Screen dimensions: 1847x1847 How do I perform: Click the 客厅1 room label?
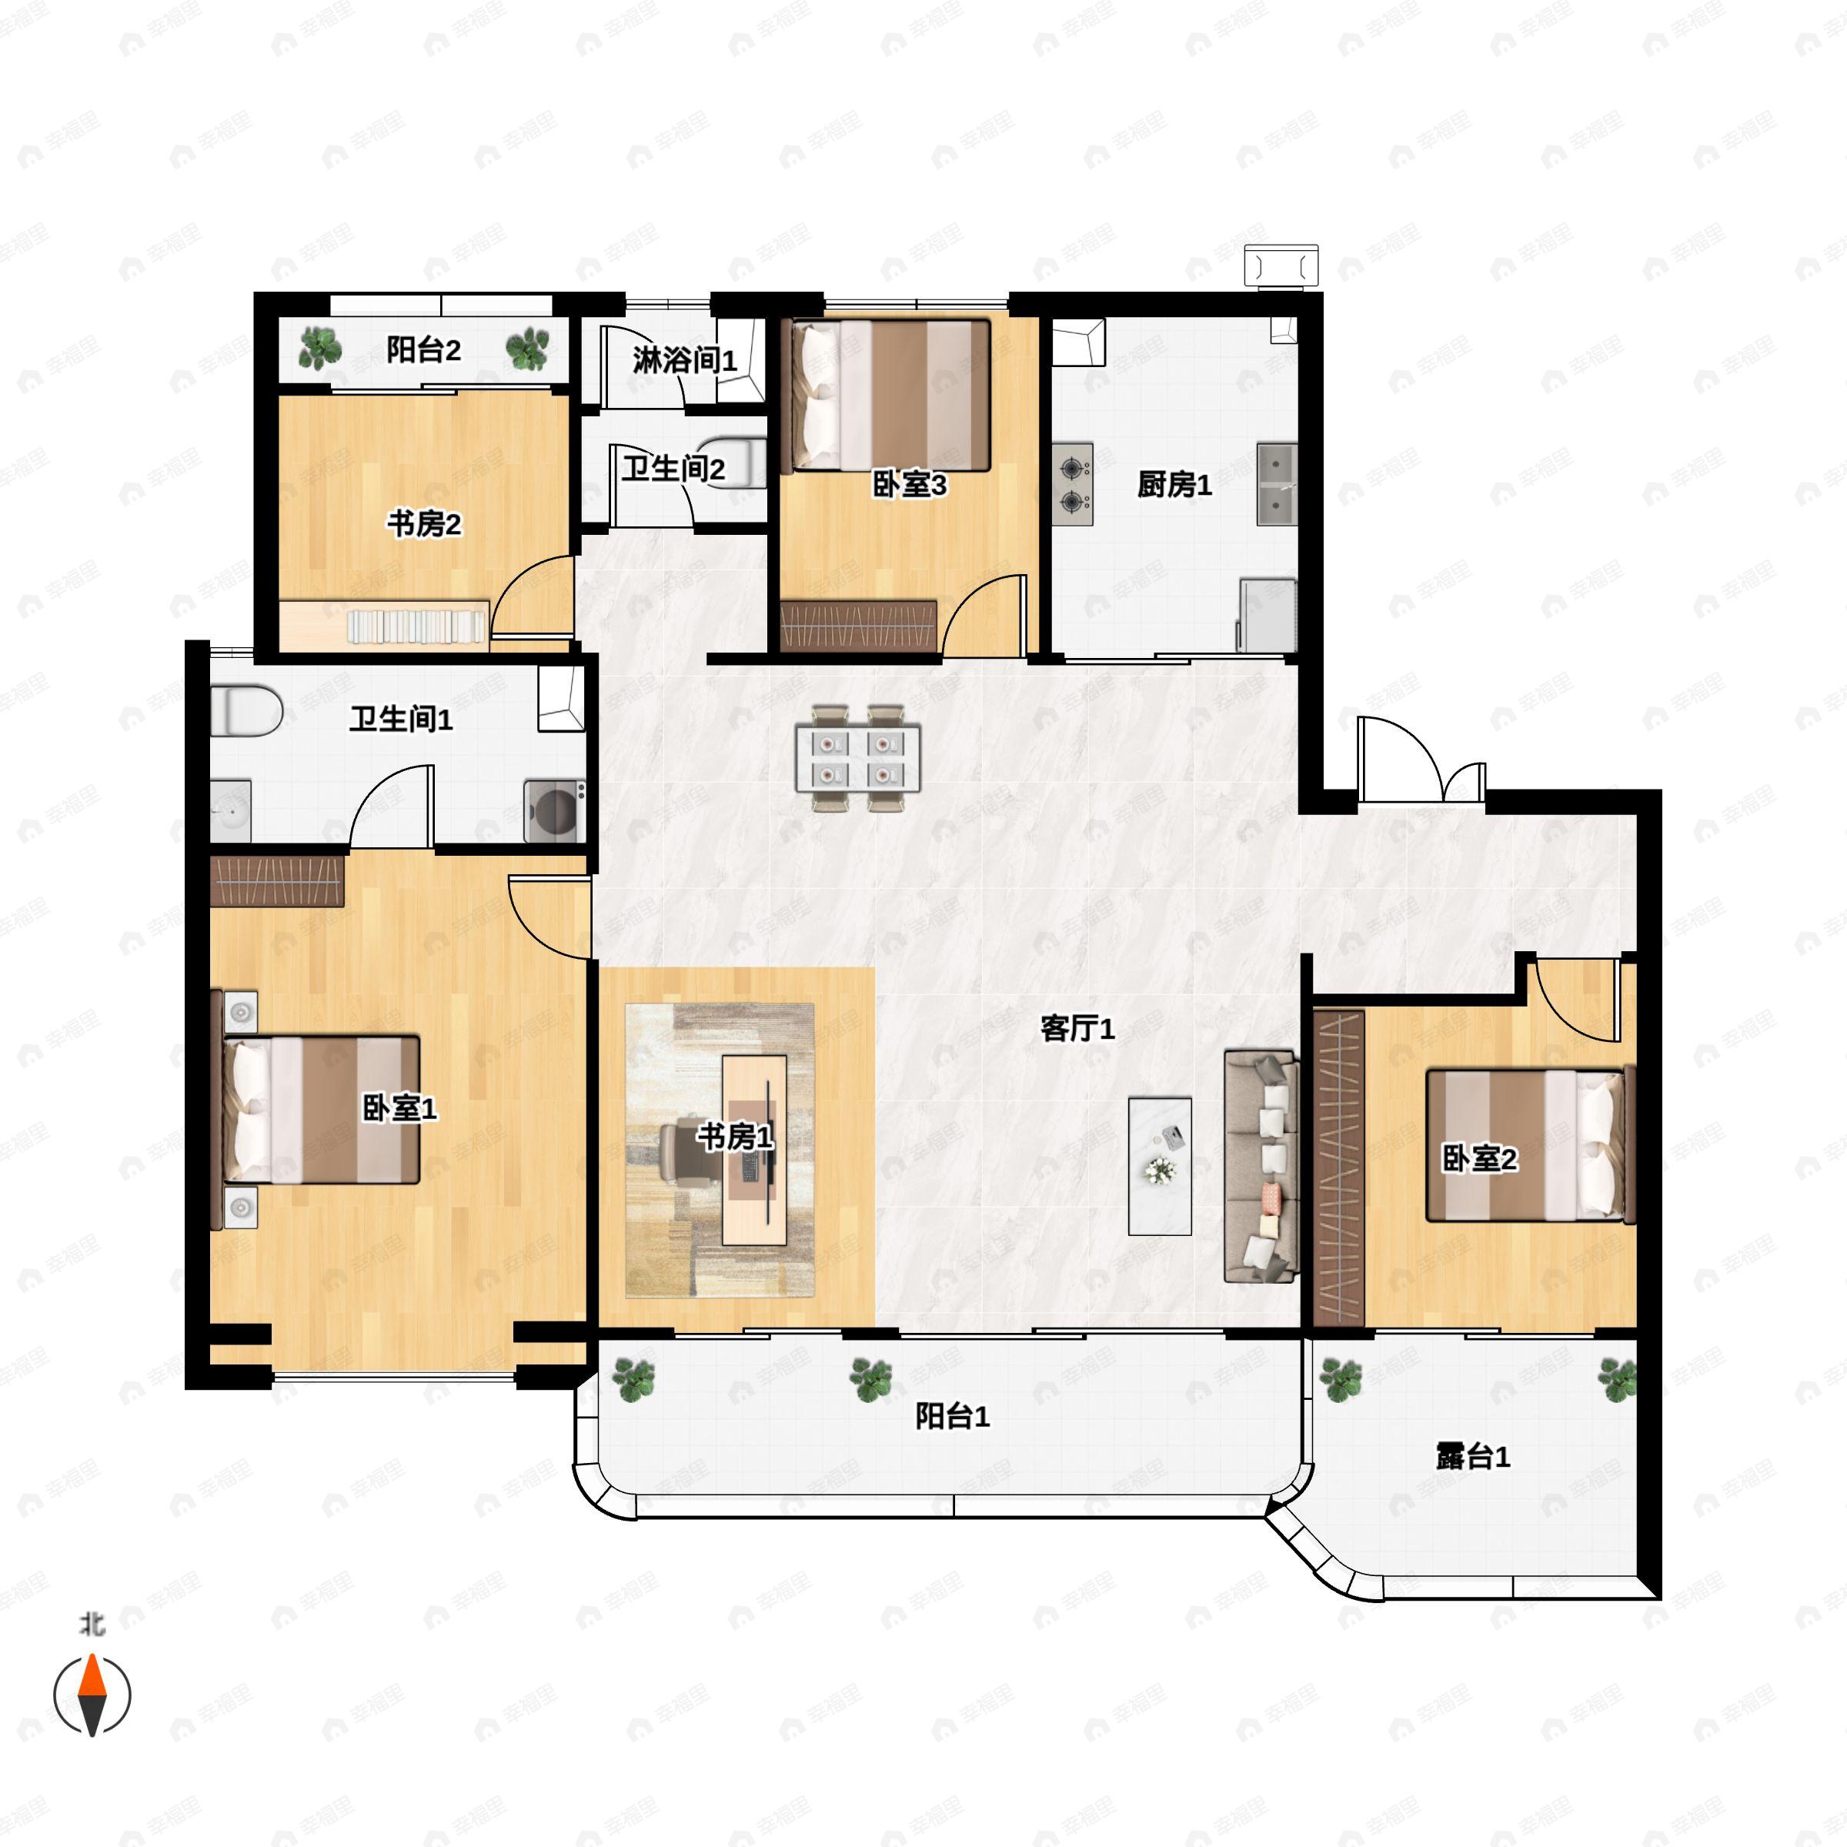point(1077,1030)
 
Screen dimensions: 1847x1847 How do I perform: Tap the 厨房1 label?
point(1174,485)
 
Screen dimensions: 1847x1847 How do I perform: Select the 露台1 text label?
point(1472,1457)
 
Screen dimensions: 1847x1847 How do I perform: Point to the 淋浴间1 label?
point(684,360)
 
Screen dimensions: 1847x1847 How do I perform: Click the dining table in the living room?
point(857,758)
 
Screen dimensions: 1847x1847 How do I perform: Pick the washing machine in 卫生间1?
point(554,810)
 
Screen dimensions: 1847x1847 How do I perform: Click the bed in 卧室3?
point(887,395)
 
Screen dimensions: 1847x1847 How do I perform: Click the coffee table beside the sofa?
point(1160,1165)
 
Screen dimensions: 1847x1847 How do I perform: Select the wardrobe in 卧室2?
point(1338,1167)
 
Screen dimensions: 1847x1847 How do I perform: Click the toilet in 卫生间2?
point(737,463)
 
